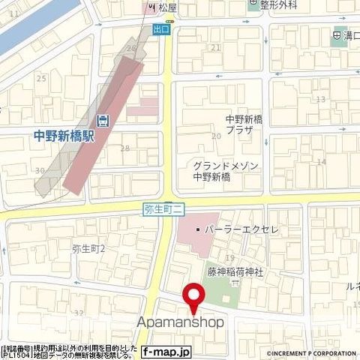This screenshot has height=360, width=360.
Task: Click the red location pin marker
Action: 195,298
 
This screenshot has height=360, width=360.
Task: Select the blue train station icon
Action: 102,120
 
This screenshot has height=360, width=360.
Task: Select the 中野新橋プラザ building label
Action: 250,124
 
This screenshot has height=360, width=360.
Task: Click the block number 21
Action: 217,47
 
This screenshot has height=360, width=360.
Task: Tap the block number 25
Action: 41,78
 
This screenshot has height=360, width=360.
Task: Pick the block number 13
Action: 321,99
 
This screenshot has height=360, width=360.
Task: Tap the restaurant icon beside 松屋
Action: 150,7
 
